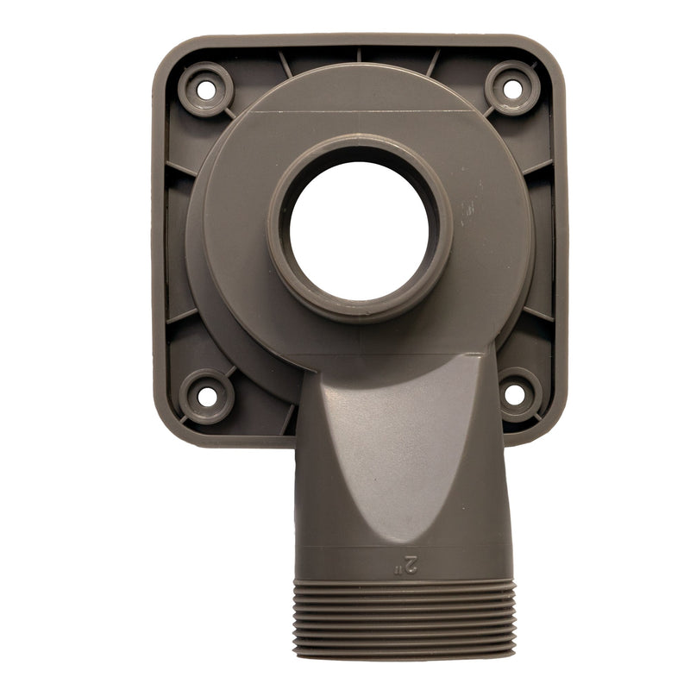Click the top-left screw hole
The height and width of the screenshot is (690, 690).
[x=206, y=91]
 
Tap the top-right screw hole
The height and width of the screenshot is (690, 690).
[x=512, y=90]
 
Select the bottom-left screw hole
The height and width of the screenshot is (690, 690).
[x=207, y=397]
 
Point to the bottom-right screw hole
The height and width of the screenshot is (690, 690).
[x=514, y=394]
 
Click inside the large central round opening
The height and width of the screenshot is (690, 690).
[x=359, y=231]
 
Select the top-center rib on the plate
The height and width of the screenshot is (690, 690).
[x=359, y=55]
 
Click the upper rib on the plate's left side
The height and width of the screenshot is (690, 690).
[x=181, y=168]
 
